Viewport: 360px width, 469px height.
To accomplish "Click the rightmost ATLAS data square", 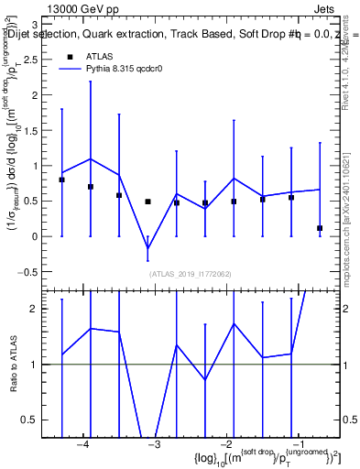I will pyautogui.click(x=320, y=228).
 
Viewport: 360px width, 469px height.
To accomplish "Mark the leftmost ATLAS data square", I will pyautogui.click(x=61, y=180).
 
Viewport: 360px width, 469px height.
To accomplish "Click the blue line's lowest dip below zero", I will pyautogui.click(x=147, y=248).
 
